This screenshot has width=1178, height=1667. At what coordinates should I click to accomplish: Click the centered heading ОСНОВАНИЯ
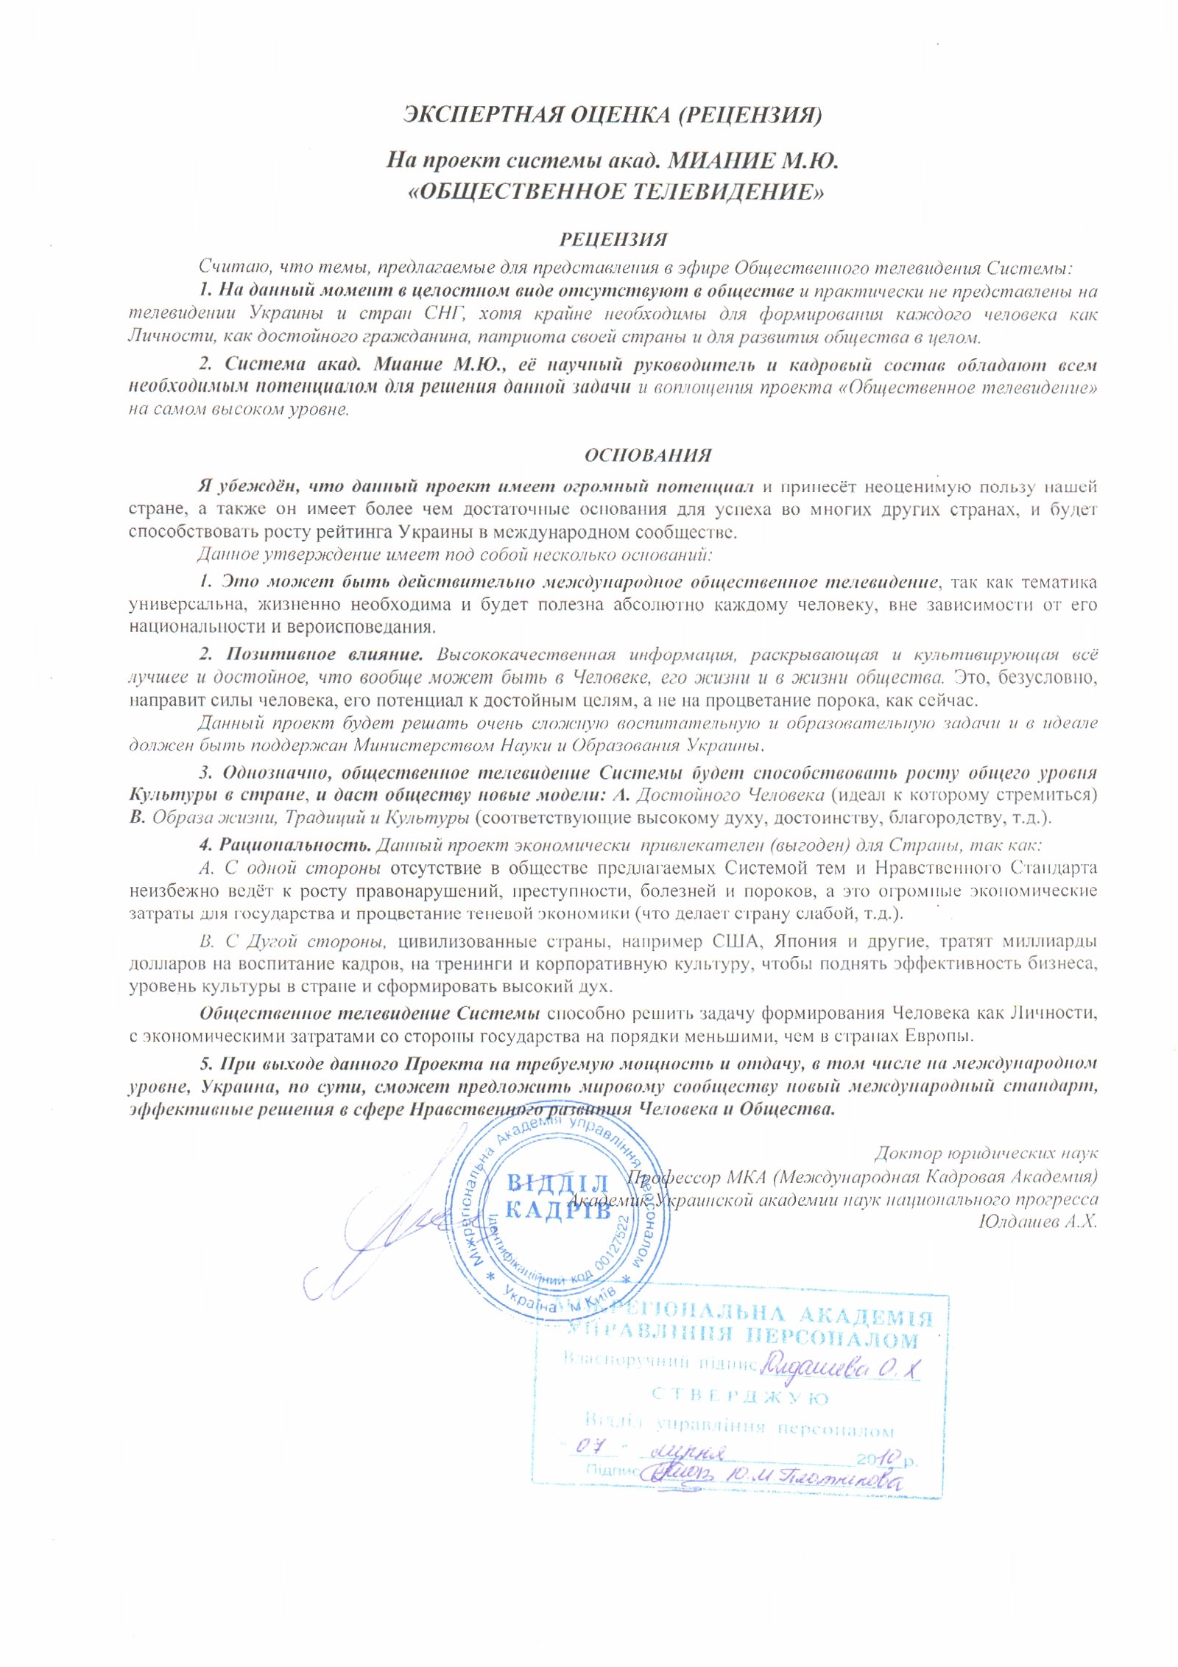[x=648, y=455]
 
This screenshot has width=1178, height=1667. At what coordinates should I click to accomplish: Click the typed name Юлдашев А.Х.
[x=1037, y=1221]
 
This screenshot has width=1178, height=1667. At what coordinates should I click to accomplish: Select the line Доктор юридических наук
[x=986, y=1153]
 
